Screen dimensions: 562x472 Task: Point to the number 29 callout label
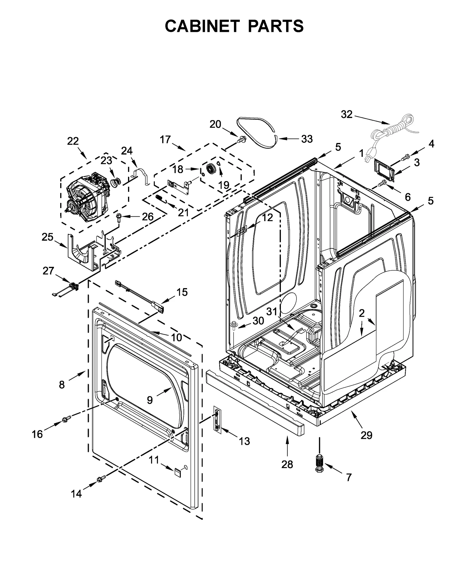pyautogui.click(x=366, y=435)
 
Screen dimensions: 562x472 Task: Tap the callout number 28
pyautogui.click(x=287, y=464)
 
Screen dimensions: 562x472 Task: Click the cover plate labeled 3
pyautogui.click(x=384, y=170)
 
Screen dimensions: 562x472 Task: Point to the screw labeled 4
pyautogui.click(x=405, y=156)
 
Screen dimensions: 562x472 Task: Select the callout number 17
pyautogui.click(x=165, y=139)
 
